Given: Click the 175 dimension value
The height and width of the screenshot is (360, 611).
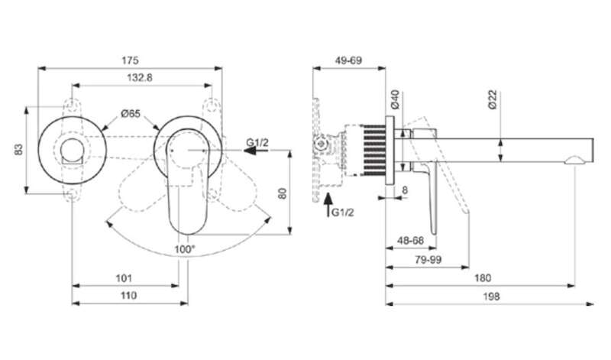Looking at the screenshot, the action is (130, 60).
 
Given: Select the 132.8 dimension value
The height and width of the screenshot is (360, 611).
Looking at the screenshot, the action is (140, 78).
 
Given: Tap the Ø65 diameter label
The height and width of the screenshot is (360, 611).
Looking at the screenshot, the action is (131, 114).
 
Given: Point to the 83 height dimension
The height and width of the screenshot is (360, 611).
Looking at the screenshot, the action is (18, 150).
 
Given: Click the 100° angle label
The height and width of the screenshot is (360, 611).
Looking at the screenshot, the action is (185, 249).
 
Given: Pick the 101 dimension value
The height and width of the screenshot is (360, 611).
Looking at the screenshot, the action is (124, 278).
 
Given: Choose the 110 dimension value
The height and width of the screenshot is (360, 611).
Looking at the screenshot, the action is (128, 296).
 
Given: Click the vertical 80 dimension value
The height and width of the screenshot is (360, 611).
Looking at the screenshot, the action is (283, 193).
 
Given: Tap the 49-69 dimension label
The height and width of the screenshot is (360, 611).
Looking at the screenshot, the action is (348, 60).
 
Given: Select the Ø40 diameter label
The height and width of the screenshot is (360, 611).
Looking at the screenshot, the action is (395, 99).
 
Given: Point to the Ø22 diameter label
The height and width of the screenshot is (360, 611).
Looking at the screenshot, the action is (493, 99).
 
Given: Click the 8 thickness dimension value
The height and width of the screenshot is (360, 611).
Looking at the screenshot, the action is (405, 190).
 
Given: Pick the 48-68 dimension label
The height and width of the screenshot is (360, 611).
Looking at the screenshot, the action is (410, 240).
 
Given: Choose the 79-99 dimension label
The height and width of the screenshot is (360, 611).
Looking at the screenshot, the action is (428, 260).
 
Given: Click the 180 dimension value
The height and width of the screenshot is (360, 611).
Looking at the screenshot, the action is (483, 278).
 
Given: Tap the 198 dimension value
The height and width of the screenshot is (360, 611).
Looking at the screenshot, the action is (491, 297).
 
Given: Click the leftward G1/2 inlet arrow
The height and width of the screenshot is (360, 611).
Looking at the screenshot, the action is (256, 150).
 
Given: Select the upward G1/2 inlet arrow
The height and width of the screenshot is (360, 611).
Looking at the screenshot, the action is (328, 205).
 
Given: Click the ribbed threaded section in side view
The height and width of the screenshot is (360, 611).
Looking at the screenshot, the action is (374, 150).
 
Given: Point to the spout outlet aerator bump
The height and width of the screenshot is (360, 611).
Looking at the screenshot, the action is (575, 160).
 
